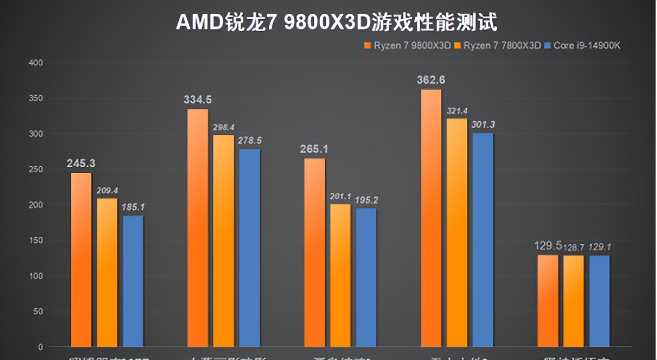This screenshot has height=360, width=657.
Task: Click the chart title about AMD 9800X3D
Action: click(336, 22)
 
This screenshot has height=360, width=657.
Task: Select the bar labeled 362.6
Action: click(431, 218)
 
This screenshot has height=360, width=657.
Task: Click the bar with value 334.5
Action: click(198, 228)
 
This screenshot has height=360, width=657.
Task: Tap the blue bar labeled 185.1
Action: click(133, 281)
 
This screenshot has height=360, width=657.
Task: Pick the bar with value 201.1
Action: click(340, 275)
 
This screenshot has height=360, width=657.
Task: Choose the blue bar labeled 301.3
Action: click(483, 240)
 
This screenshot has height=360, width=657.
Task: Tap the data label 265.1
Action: click(314, 149)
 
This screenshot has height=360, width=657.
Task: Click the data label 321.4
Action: click(457, 110)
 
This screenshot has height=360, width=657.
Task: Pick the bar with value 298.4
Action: click(224, 240)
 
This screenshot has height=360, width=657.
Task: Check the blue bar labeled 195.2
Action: click(366, 278)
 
